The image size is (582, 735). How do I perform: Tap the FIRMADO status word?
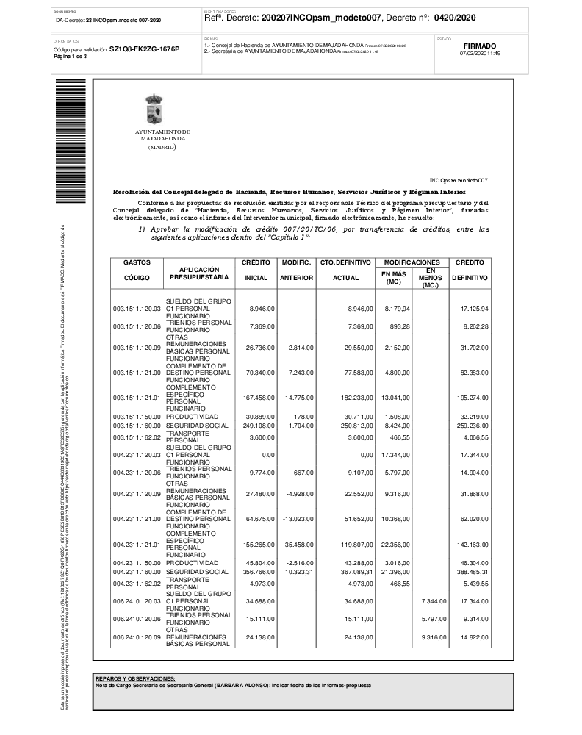[480, 46]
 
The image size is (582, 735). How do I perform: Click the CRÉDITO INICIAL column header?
[255, 270]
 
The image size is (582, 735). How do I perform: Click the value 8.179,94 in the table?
[396, 309]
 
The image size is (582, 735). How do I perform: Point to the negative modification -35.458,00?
[298, 546]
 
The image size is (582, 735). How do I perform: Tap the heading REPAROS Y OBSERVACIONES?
[135, 678]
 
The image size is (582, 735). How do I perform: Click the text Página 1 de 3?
[71, 56]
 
